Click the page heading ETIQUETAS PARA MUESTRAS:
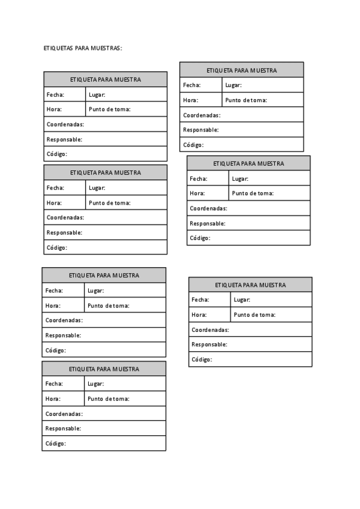tap(83, 47)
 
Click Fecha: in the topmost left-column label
tap(55, 94)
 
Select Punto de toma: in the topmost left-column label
tap(110, 109)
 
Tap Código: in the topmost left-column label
tap(57, 154)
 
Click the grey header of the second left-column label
tap(106, 172)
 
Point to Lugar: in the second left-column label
tap(97, 188)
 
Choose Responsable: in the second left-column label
tap(64, 232)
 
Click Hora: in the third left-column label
tap(53, 306)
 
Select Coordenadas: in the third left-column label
tap(64, 321)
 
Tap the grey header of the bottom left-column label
tap(104, 369)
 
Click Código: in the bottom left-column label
tap(56, 444)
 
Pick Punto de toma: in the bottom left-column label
tap(109, 399)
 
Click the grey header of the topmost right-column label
tap(242, 70)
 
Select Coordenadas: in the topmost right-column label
tap(202, 115)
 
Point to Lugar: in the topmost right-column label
tap(233, 85)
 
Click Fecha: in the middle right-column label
tap(199, 178)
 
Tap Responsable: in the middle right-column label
tap(208, 223)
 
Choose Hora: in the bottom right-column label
tap(199, 315)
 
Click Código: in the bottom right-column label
tap(202, 360)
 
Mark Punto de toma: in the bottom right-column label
tap(254, 315)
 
